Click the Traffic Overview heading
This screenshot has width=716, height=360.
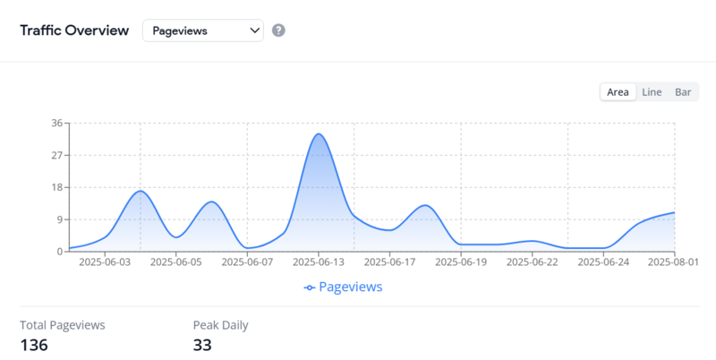pyautogui.click(x=75, y=30)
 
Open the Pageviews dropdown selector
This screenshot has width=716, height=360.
pyautogui.click(x=203, y=30)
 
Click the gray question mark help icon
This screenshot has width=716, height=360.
pyautogui.click(x=278, y=30)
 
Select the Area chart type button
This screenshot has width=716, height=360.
pyautogui.click(x=618, y=92)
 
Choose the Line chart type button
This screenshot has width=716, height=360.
pyautogui.click(x=652, y=92)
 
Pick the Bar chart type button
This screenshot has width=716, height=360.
pyautogui.click(x=683, y=92)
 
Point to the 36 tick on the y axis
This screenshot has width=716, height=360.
pyautogui.click(x=56, y=123)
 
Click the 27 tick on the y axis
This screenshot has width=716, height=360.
pyautogui.click(x=56, y=155)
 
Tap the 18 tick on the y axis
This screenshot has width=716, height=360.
pyautogui.click(x=56, y=187)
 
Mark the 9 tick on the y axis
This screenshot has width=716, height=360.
pyautogui.click(x=59, y=219)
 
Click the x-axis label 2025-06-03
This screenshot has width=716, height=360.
pyautogui.click(x=105, y=262)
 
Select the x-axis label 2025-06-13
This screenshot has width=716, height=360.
pyautogui.click(x=319, y=262)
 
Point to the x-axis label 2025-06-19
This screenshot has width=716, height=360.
pyautogui.click(x=462, y=262)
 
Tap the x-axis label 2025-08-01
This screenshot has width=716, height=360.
pyautogui.click(x=673, y=262)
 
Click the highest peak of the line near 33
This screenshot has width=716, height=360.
pyautogui.click(x=319, y=134)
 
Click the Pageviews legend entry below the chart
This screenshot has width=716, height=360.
pyautogui.click(x=344, y=287)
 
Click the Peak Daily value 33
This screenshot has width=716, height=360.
pyautogui.click(x=202, y=345)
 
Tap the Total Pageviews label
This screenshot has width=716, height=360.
pyautogui.click(x=62, y=325)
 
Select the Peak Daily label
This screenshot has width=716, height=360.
pyautogui.click(x=220, y=325)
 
